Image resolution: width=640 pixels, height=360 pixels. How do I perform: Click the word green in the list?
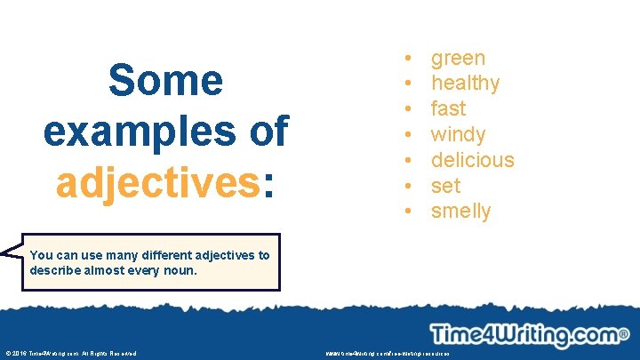click(458, 59)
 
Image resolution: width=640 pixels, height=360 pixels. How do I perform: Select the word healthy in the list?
click(465, 84)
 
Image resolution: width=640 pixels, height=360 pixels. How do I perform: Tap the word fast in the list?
click(448, 109)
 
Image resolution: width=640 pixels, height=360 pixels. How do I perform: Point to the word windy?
click(458, 135)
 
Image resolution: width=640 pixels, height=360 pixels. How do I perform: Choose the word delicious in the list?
click(472, 160)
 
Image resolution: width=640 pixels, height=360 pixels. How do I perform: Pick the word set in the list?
click(445, 186)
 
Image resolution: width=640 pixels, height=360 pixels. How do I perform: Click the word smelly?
click(460, 212)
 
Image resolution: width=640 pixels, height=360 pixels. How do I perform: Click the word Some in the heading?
click(164, 81)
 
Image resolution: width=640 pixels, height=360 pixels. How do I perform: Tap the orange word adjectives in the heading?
click(156, 182)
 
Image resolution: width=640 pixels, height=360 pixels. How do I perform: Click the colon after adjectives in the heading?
click(268, 184)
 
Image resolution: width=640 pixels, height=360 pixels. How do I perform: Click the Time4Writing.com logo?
click(528, 335)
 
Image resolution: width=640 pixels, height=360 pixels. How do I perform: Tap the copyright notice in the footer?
click(70, 354)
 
